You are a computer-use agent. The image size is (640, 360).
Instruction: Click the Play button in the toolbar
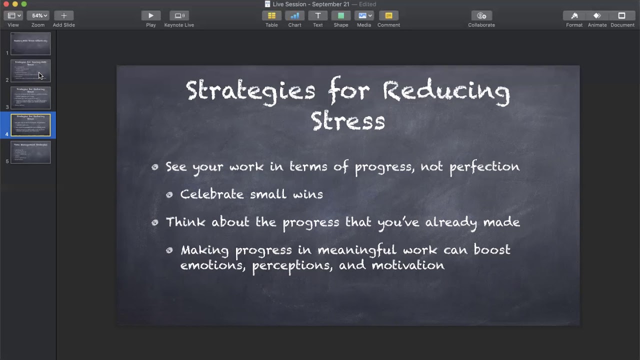point(150,16)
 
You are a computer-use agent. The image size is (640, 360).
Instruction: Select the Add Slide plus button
point(63,16)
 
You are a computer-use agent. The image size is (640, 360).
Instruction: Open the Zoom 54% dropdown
point(37,16)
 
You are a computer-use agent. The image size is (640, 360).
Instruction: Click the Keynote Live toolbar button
point(179,16)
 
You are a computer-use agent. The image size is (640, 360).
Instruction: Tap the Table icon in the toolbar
point(271,16)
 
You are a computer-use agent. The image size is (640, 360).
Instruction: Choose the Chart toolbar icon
point(294,16)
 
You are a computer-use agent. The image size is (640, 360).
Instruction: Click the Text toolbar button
point(317,16)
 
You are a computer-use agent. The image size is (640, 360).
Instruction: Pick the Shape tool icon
point(341,16)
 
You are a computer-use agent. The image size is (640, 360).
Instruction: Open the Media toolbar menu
point(363,16)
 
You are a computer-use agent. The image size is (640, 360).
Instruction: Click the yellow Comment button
point(388,16)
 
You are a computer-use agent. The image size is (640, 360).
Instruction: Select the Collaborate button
point(481,16)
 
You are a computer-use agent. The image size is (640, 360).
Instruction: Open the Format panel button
point(574,16)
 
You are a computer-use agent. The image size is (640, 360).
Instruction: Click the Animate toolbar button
point(597,16)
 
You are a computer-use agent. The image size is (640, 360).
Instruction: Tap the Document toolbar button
point(622,16)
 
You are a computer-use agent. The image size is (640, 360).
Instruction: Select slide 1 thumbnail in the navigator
point(30,44)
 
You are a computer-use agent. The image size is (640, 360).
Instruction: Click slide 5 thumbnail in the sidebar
point(30,152)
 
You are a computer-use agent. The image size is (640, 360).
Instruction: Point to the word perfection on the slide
point(484,167)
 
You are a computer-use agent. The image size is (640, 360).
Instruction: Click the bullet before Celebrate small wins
point(169,194)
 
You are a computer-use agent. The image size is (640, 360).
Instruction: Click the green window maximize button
point(24,4)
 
